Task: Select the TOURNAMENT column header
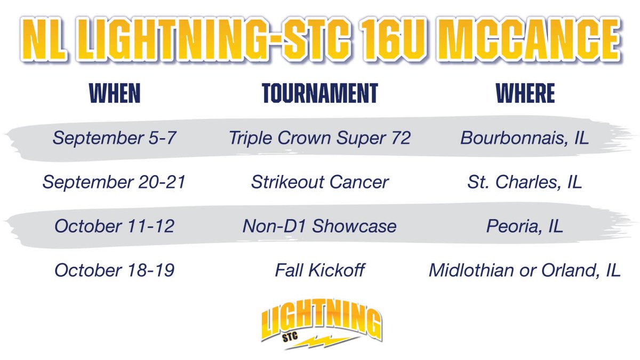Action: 319,93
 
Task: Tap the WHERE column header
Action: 525,93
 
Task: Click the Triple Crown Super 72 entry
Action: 319,138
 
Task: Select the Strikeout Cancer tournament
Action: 319,182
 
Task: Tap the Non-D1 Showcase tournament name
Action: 319,226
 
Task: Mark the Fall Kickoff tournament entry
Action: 319,270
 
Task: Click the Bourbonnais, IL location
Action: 525,138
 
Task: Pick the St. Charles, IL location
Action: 525,182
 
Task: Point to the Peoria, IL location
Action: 525,226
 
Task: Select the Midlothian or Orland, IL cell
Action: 525,270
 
